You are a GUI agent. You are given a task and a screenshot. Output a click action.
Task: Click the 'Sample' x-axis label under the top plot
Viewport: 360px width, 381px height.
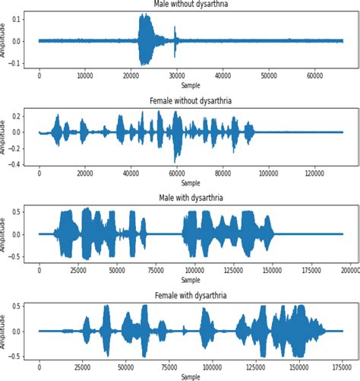[x=191, y=85]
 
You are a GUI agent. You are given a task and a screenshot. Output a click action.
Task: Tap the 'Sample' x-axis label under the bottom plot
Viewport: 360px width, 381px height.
[x=191, y=376]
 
